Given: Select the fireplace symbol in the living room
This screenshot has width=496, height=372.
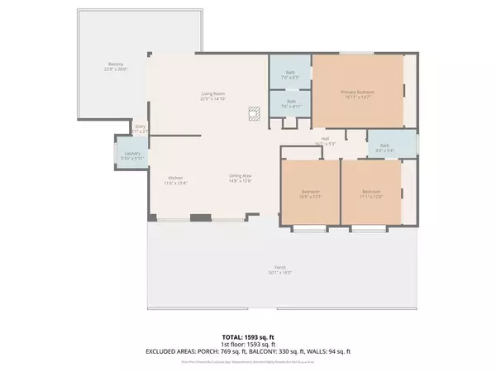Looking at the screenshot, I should [255, 115].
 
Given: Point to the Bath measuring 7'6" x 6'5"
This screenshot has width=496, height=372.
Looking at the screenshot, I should [290, 74].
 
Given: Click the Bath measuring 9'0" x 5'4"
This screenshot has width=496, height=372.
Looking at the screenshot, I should [386, 147].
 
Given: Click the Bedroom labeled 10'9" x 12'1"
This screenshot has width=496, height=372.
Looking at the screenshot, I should [309, 193].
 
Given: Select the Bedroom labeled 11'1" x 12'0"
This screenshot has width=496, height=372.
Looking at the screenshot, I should [370, 193].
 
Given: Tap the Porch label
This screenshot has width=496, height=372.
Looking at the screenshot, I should [281, 269].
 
